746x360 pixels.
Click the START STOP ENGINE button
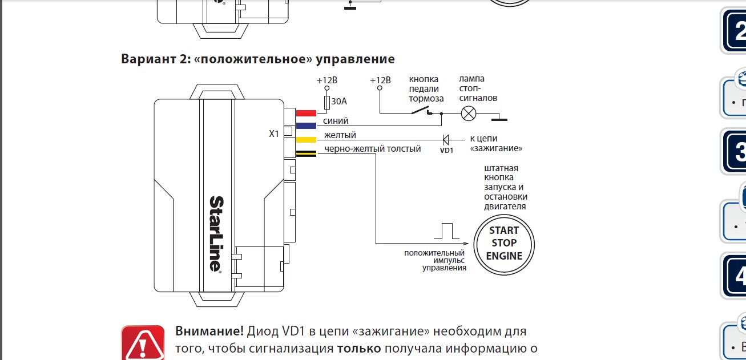[x=504, y=244]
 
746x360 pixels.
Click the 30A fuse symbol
[x=327, y=102]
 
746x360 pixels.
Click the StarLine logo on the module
[x=216, y=233]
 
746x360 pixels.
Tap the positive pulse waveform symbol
[x=446, y=230]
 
